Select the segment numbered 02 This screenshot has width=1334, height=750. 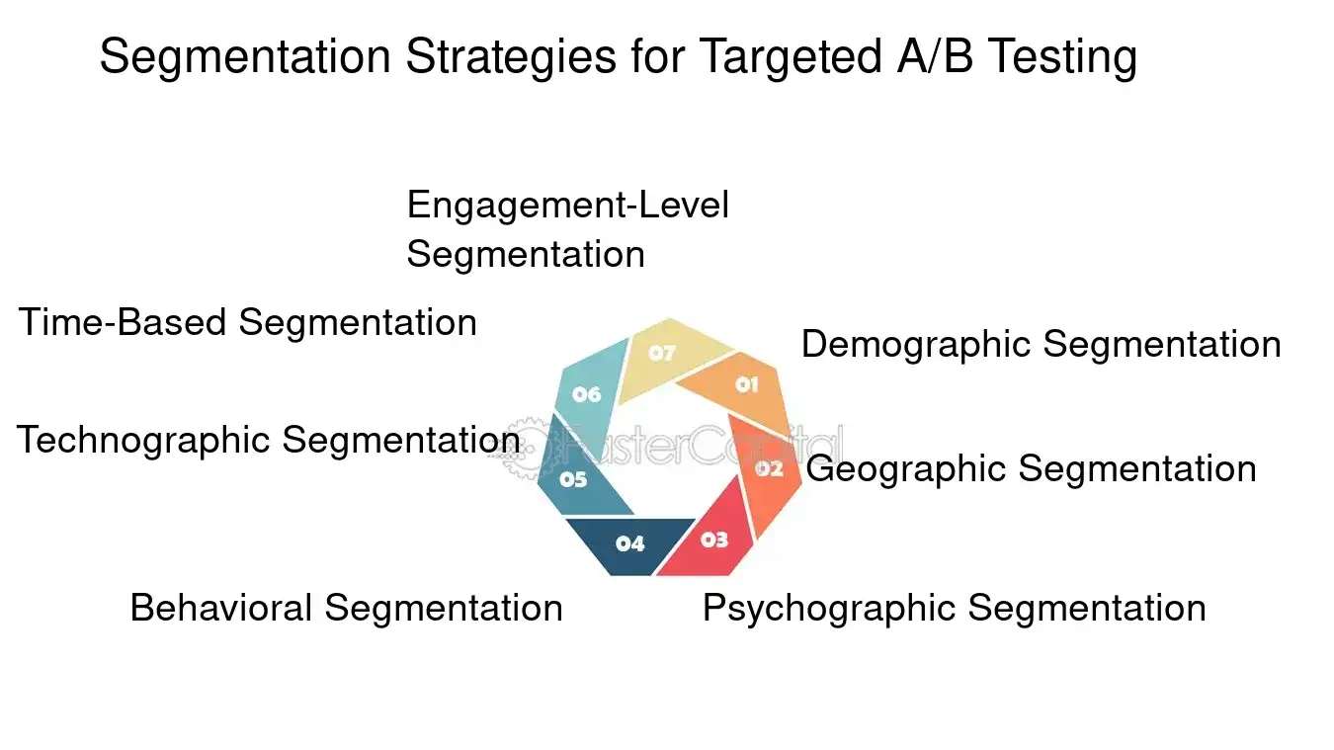[770, 470]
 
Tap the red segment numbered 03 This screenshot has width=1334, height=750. [713, 541]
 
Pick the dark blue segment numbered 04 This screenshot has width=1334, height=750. [630, 543]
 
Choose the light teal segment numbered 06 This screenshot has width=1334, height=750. [587, 393]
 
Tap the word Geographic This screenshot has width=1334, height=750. [905, 468]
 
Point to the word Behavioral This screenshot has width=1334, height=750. [220, 608]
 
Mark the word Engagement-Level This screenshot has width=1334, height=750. [567, 206]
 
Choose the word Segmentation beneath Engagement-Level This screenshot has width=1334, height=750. [526, 254]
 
